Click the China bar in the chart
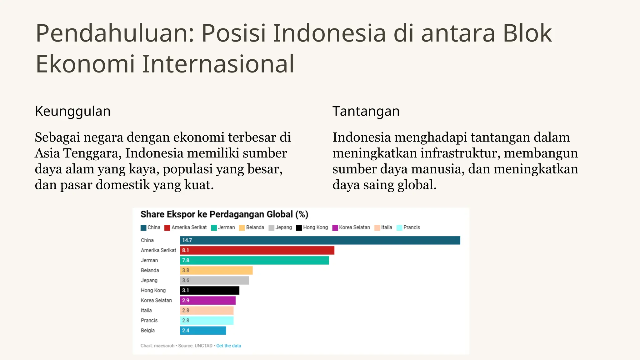tap(320, 240)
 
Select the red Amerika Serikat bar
tap(257, 250)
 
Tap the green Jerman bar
tap(254, 260)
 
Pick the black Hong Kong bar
tap(210, 290)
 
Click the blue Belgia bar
tap(203, 330)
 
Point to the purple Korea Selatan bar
tap(208, 300)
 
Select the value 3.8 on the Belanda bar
tap(186, 270)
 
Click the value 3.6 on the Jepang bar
tap(186, 280)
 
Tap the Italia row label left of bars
tap(146, 310)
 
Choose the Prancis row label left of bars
tap(149, 320)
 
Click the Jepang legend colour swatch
tap(272, 228)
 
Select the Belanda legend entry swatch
tap(242, 228)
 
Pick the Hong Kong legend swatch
tap(299, 228)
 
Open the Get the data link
tap(228, 346)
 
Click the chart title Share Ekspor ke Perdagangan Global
tap(224, 214)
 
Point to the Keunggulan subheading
tap(73, 111)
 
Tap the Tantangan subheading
tap(366, 111)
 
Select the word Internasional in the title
tap(218, 64)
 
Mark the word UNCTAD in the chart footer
tap(203, 346)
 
